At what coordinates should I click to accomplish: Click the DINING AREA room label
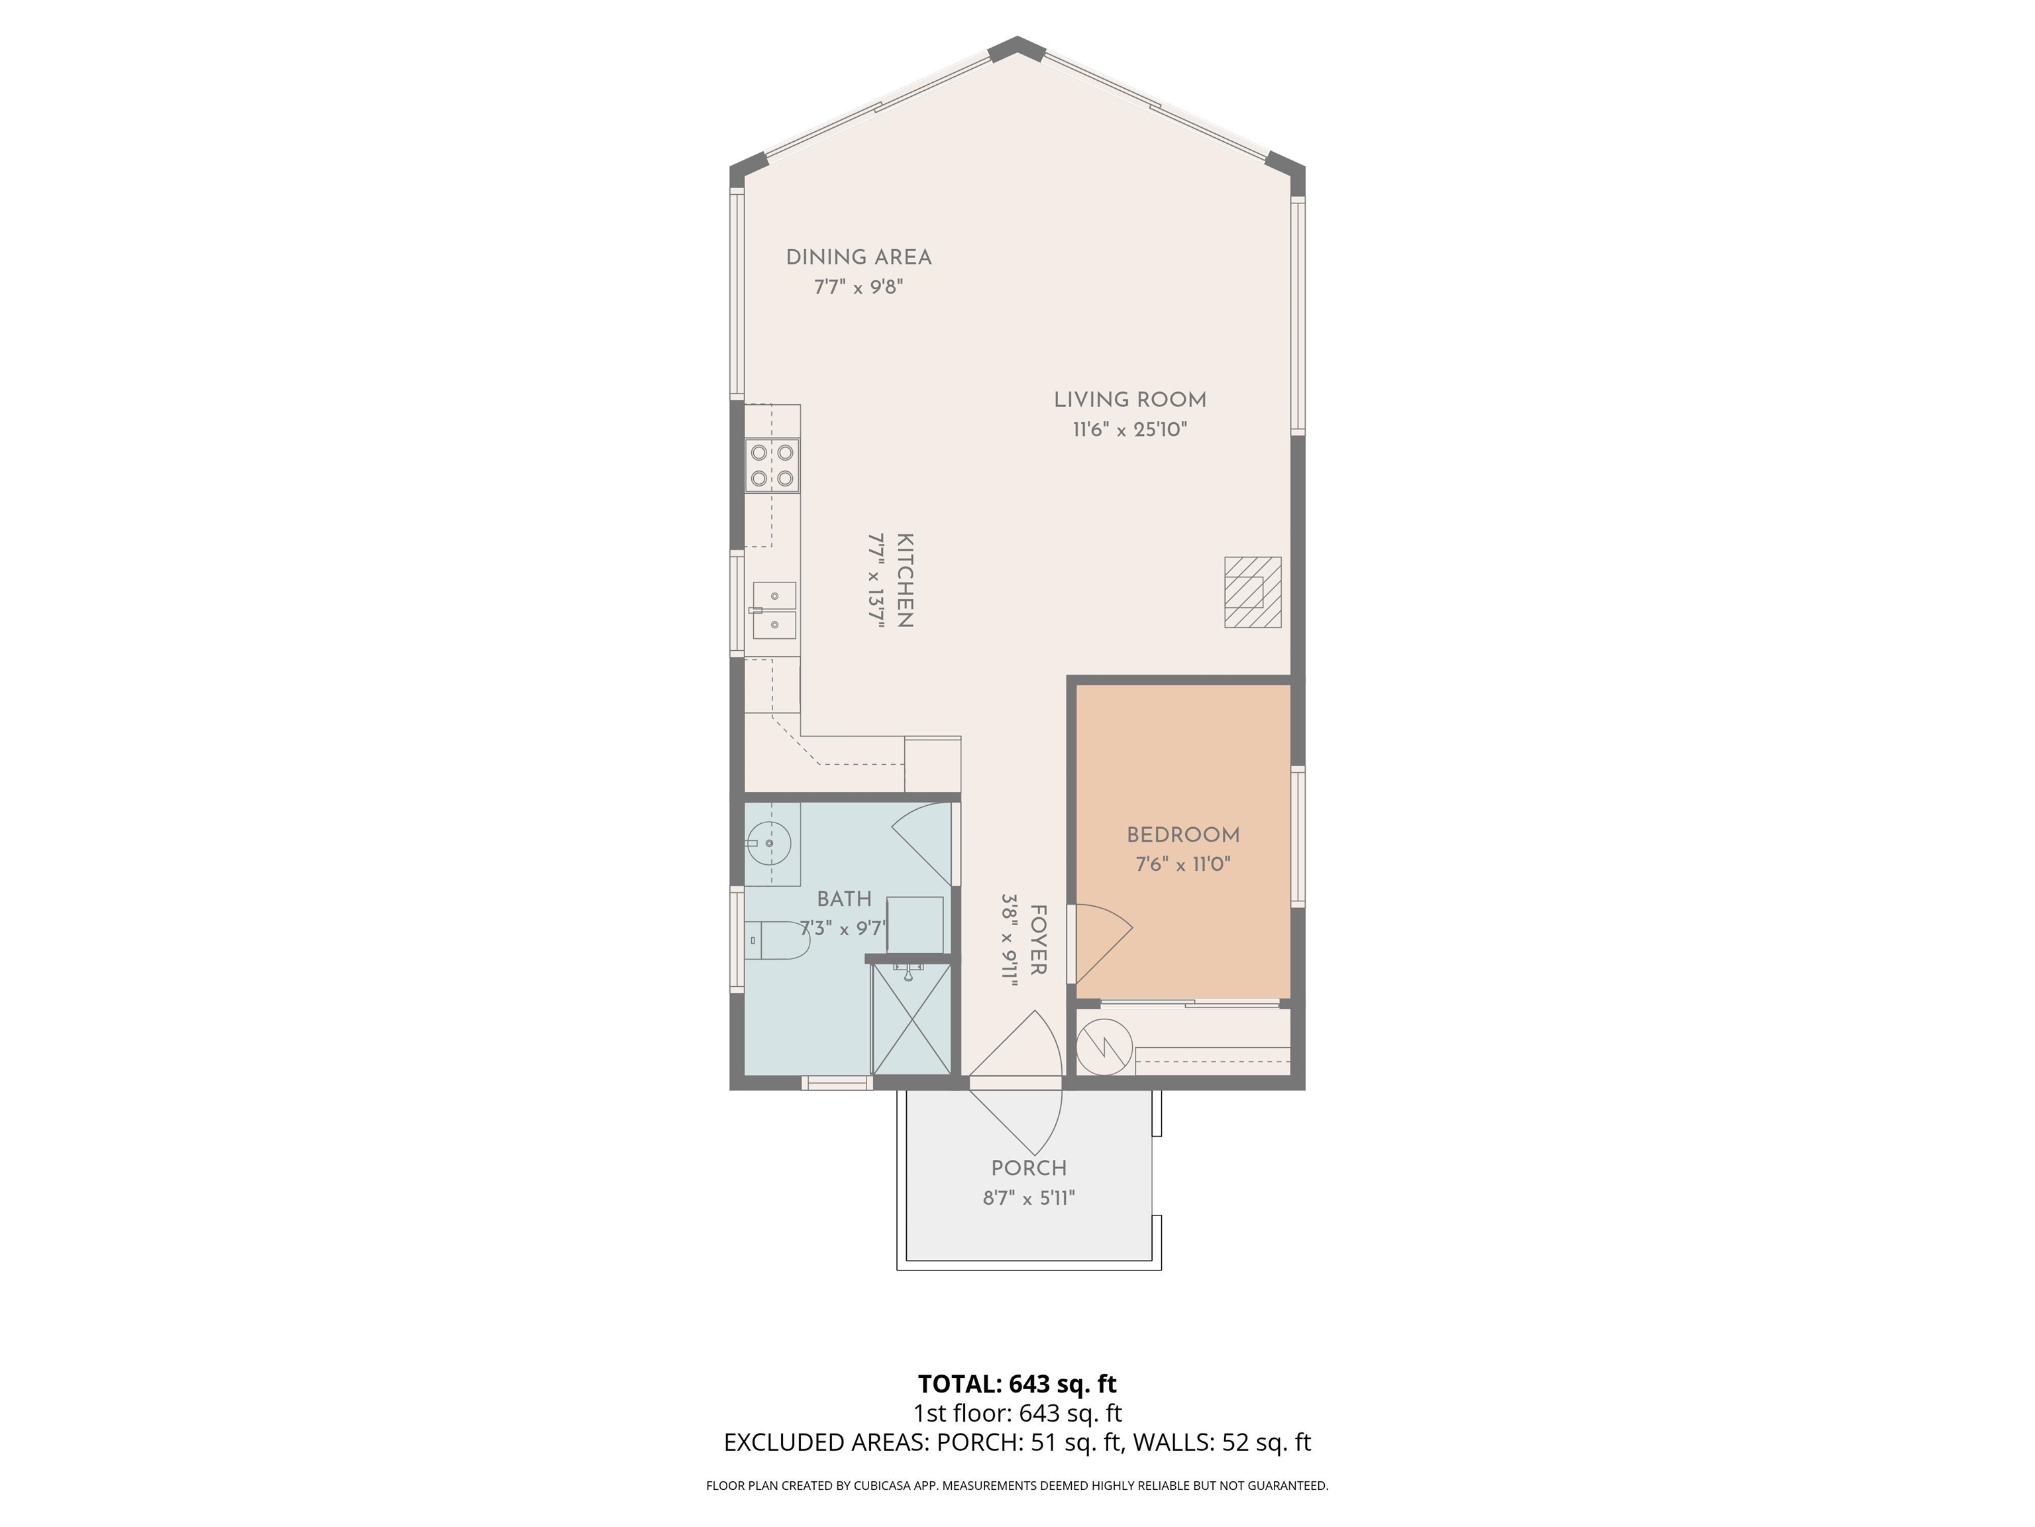859,258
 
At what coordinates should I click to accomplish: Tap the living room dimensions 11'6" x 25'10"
1129,430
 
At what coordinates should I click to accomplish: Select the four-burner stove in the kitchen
772,466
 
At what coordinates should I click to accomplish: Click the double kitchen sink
774,610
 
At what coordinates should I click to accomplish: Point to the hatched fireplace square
1252,593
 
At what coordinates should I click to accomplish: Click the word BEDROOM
1183,835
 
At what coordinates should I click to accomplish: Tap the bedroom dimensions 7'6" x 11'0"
1183,864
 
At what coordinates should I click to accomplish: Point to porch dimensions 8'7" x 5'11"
1029,1198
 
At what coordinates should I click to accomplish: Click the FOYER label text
1038,940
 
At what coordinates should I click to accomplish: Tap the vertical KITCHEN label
904,581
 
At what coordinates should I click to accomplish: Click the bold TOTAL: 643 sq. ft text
1017,1383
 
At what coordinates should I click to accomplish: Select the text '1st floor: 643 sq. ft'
1017,1413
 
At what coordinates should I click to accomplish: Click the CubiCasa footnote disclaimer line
1017,1486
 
